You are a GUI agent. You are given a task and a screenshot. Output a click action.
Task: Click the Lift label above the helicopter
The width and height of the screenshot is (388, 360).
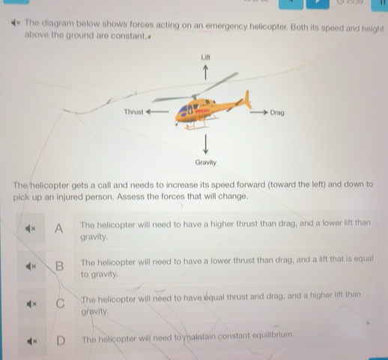206,56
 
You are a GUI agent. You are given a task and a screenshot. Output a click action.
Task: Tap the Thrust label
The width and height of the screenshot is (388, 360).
133,111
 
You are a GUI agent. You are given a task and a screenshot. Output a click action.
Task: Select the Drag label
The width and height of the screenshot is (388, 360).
277,112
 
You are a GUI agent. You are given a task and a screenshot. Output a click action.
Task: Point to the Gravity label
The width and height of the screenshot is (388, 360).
205,162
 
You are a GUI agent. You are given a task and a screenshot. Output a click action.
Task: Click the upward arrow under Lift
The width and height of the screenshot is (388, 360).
206,72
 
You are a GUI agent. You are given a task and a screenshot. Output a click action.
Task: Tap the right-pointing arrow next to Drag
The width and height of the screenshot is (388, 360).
257,112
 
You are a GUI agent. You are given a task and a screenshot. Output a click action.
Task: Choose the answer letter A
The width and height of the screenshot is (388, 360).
59,228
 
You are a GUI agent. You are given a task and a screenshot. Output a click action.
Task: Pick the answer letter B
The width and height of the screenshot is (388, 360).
60,266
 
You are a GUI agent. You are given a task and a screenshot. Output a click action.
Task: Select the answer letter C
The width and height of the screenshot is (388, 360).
60,304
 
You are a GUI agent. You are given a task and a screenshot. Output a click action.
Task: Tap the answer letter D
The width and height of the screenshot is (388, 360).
61,341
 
